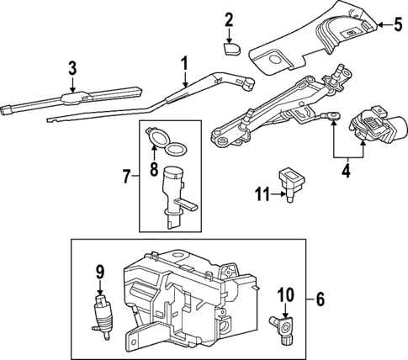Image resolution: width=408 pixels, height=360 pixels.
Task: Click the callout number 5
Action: point(398,25)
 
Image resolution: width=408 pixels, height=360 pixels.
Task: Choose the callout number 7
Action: point(126,177)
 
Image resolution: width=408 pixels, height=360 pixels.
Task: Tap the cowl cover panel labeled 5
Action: point(320,42)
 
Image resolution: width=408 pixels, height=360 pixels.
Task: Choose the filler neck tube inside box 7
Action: point(176,193)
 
